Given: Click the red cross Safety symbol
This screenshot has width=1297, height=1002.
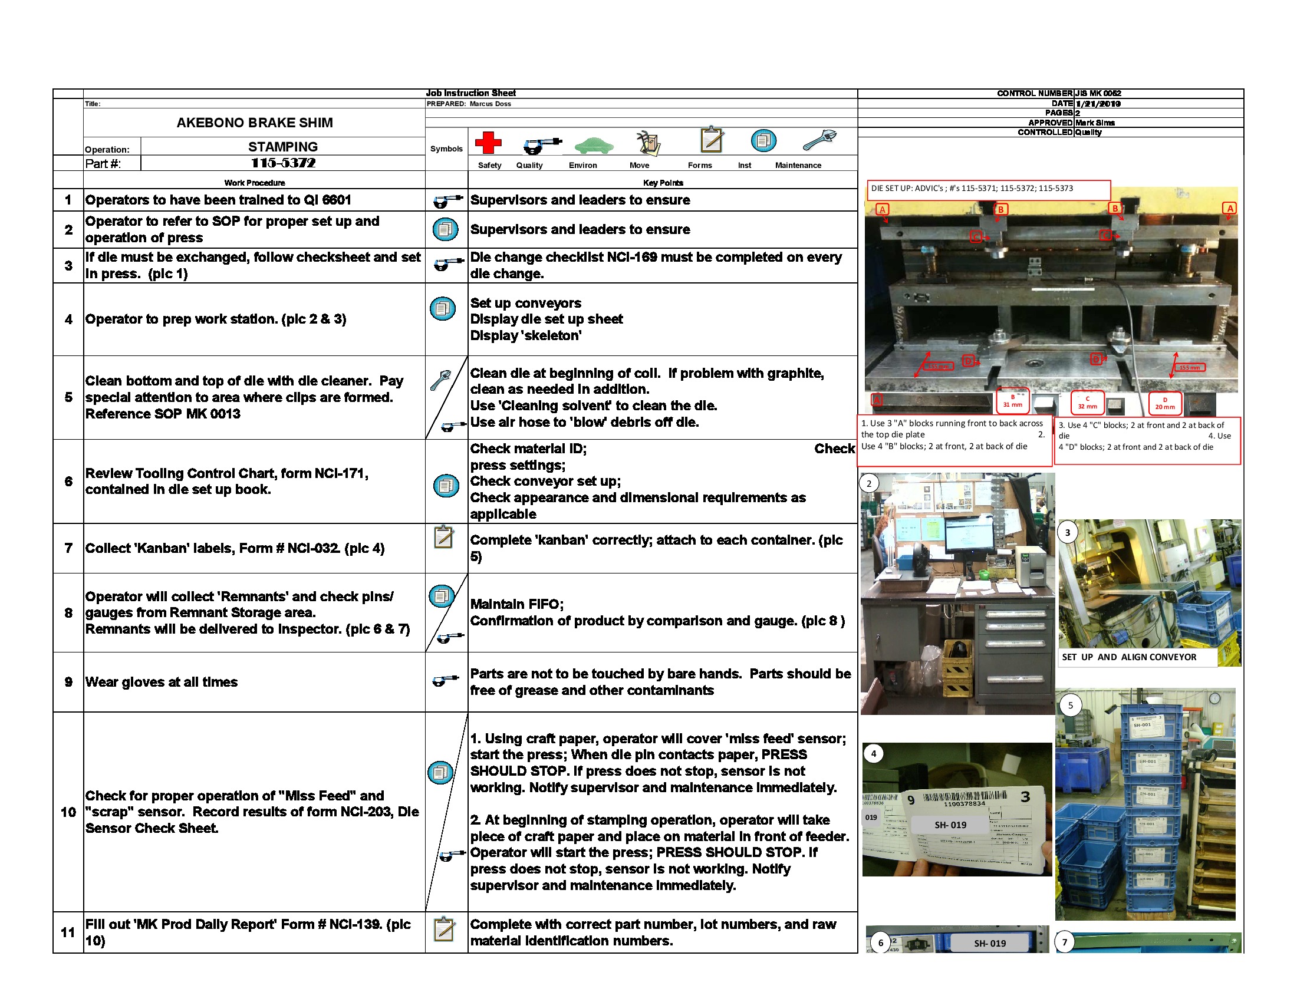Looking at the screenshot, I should click(488, 143).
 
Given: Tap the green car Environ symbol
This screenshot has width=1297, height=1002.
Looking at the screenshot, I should click(593, 145).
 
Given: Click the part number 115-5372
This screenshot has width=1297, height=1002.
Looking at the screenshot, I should click(282, 163).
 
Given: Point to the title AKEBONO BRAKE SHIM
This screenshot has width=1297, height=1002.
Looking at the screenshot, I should click(254, 123).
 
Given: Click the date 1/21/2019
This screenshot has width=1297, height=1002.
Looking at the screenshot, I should click(1098, 104).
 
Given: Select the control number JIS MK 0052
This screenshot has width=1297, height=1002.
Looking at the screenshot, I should click(1098, 94).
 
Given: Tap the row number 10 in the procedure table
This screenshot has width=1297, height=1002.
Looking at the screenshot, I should click(68, 812).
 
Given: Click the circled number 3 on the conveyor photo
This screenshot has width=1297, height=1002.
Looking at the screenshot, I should click(1067, 532).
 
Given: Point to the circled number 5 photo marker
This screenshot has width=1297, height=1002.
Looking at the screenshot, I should click(1070, 705).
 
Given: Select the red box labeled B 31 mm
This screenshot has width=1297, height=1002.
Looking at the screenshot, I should click(1012, 401).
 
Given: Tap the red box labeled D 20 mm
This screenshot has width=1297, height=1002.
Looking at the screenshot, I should click(1164, 404).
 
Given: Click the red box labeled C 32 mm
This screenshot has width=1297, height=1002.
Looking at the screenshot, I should click(1087, 403).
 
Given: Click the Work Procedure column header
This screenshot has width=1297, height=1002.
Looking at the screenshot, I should click(254, 183).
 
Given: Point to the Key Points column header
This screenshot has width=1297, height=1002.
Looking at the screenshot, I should click(663, 183).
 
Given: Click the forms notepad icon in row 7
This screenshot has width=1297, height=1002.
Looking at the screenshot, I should click(443, 537).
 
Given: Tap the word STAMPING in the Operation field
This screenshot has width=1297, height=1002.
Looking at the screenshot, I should click(282, 147).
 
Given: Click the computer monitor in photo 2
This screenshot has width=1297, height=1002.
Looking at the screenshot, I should click(969, 531).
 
